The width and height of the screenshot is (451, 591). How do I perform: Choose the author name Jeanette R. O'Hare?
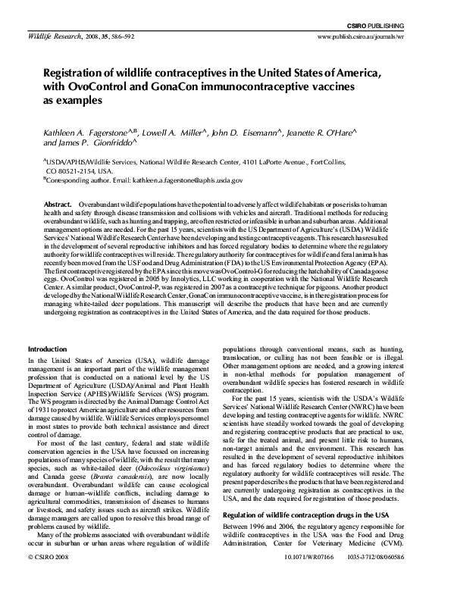click(305, 133)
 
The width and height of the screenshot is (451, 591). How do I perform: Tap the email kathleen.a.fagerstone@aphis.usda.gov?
click(174, 180)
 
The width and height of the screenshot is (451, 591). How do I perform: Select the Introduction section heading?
click(47, 349)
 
